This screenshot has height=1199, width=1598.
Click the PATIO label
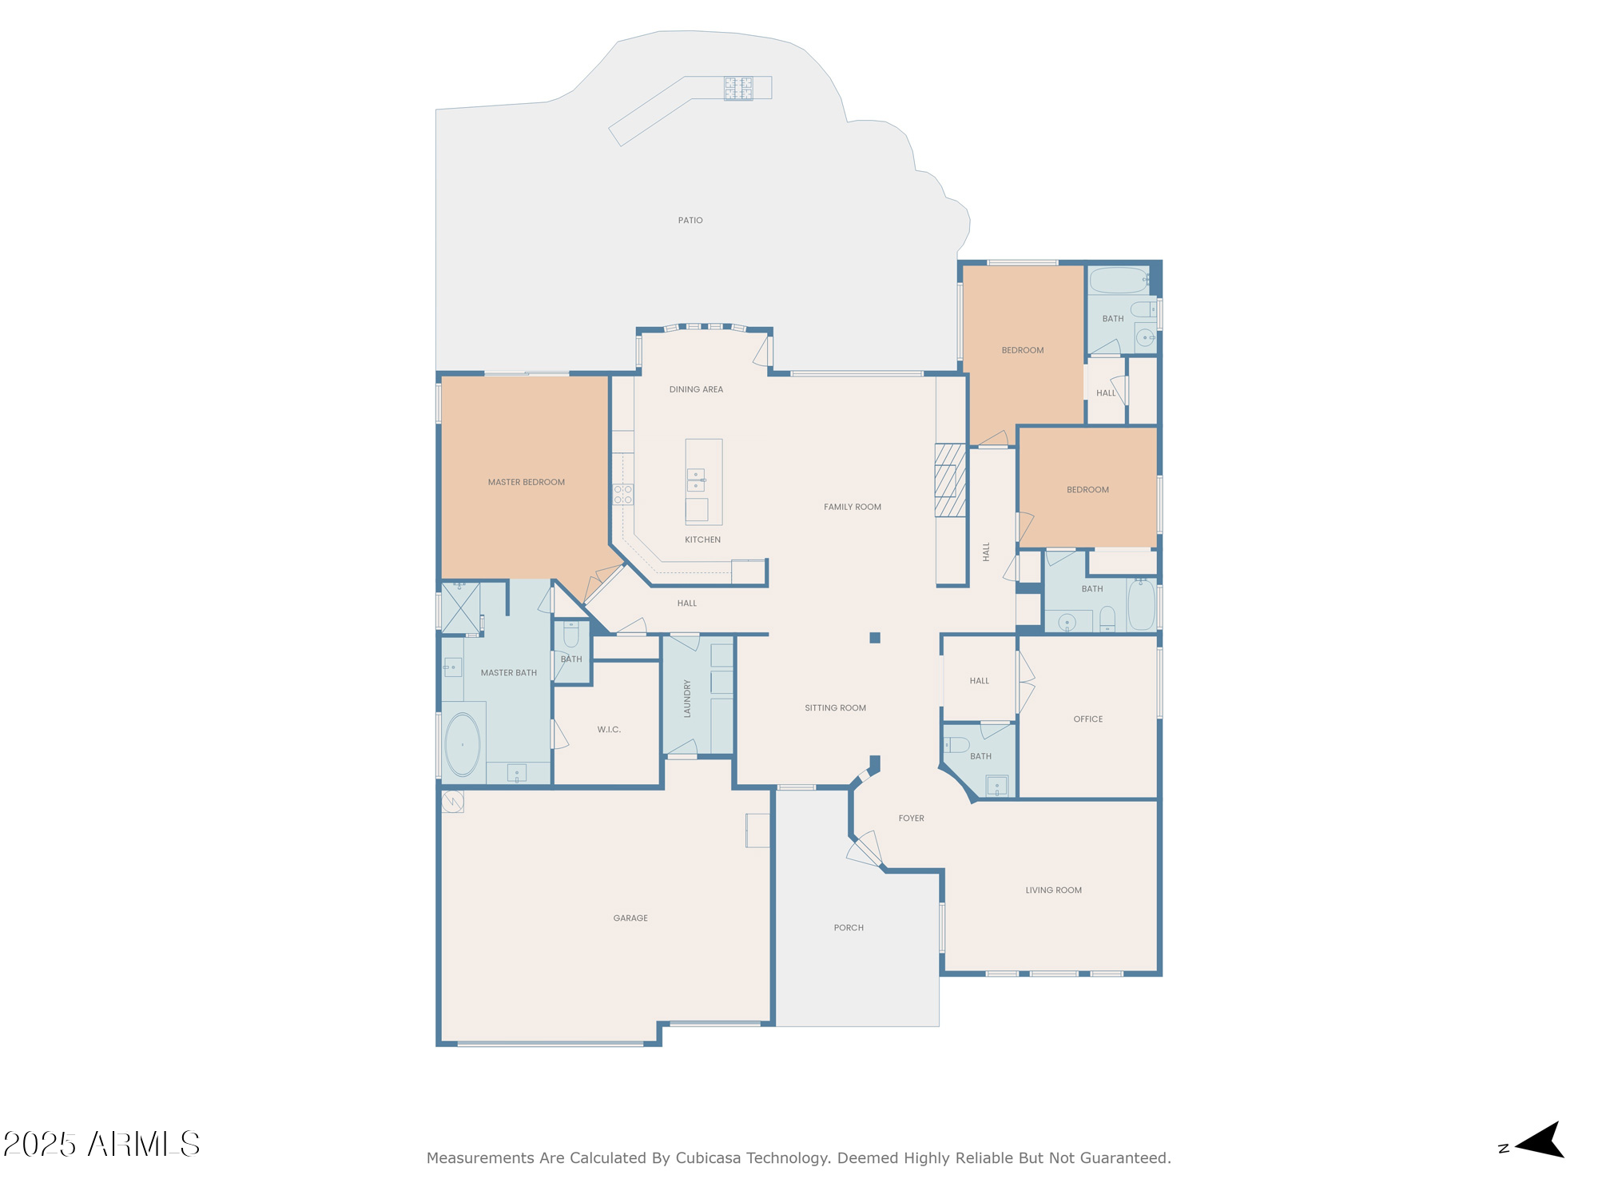point(690,221)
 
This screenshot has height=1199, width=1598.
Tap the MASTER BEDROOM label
point(527,482)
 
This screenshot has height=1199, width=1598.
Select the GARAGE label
point(630,918)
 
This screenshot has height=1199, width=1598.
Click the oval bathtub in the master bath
point(463,745)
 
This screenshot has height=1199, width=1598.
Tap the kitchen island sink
point(696,480)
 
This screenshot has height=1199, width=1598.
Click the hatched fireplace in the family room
point(951,480)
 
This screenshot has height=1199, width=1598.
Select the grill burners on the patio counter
point(738,88)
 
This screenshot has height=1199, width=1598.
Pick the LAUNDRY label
point(687,699)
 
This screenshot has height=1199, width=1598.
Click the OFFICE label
point(1088,719)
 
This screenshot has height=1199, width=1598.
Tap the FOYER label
point(911,819)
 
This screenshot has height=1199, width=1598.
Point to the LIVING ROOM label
point(1054,890)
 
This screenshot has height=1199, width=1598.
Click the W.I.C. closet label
point(609,730)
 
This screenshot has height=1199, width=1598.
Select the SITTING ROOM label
point(835,708)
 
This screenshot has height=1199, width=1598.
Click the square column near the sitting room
point(875,638)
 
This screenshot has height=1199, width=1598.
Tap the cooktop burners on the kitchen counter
point(623,494)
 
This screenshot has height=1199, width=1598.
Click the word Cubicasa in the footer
point(707,1158)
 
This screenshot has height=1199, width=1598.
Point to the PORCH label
point(849,928)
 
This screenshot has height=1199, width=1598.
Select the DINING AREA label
point(696,390)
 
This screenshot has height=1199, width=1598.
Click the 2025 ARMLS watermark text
point(101,1145)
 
